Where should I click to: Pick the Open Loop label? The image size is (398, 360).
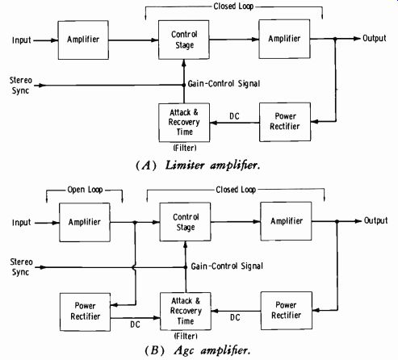(85, 190)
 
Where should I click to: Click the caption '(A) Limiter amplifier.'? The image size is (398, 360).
(198, 165)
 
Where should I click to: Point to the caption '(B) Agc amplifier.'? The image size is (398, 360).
(198, 350)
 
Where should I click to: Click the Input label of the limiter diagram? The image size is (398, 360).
(22, 40)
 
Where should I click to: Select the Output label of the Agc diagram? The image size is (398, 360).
(375, 220)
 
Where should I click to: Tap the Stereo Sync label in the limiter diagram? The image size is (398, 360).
(20, 86)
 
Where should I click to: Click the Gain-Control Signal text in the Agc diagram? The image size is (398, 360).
(227, 266)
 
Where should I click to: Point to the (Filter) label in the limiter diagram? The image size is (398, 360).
(185, 148)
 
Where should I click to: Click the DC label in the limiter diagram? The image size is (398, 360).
(234, 116)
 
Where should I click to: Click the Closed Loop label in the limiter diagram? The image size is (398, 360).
(233, 6)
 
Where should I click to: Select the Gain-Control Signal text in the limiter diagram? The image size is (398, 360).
(224, 84)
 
